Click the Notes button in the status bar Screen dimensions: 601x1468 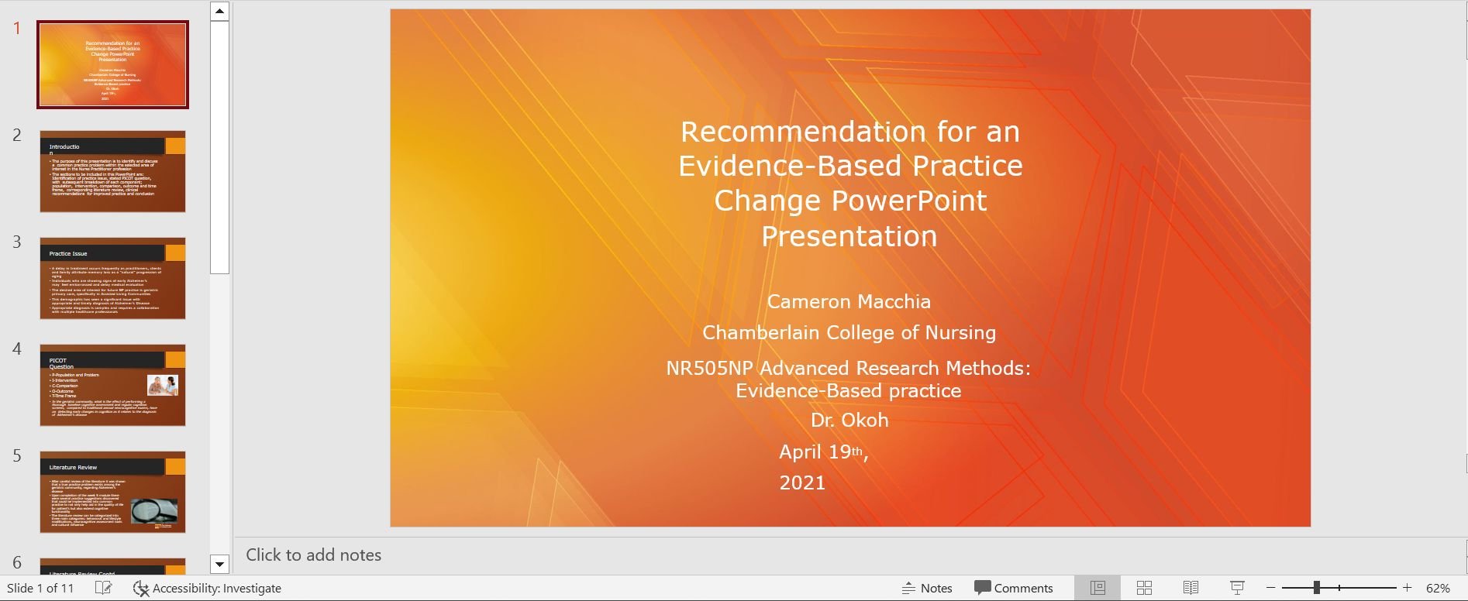pyautogui.click(x=928, y=588)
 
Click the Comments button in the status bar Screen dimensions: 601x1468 pyautogui.click(x=1014, y=588)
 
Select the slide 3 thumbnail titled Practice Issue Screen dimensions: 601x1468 pyautogui.click(x=112, y=278)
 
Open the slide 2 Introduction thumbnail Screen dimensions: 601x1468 pyautogui.click(x=112, y=171)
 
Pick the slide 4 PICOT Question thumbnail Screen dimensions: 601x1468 pyautogui.click(x=112, y=385)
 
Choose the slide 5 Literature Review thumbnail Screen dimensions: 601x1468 pyautogui.click(x=112, y=492)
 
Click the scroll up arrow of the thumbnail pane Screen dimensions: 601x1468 pyautogui.click(x=219, y=11)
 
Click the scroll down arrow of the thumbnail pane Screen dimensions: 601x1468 pyautogui.click(x=219, y=565)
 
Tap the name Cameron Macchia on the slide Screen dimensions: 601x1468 pyautogui.click(x=849, y=301)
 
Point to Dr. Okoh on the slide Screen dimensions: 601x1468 pyautogui.click(x=849, y=420)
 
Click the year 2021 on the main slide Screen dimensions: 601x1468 pyautogui.click(x=802, y=483)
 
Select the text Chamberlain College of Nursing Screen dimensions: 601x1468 pyautogui.click(x=849, y=332)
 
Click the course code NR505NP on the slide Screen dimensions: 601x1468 pyautogui.click(x=708, y=368)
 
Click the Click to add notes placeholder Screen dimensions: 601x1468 pyautogui.click(x=314, y=555)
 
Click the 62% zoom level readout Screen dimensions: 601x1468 pyautogui.click(x=1438, y=588)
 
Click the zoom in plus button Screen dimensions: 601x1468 pyautogui.click(x=1408, y=588)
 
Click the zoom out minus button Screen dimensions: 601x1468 pyautogui.click(x=1271, y=588)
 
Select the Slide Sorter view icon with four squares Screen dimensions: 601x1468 pyautogui.click(x=1144, y=588)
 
